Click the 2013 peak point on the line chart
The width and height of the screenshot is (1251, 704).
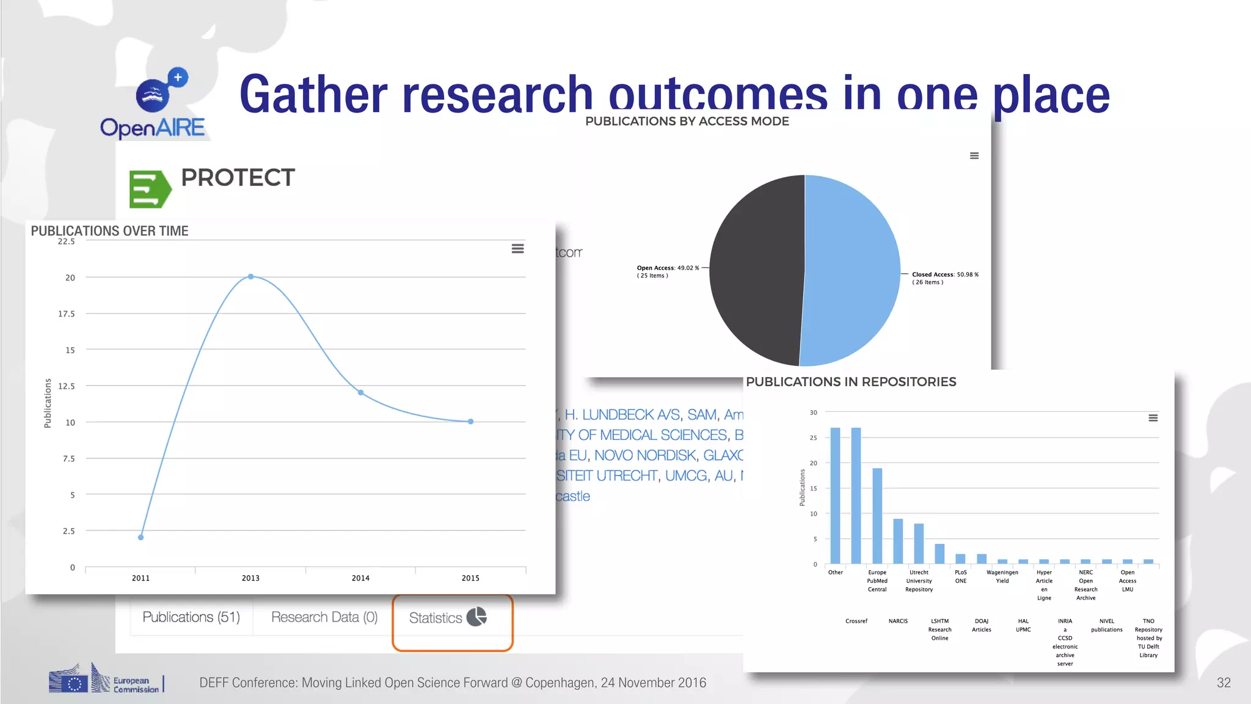click(250, 277)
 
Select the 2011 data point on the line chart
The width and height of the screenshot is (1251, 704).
click(141, 537)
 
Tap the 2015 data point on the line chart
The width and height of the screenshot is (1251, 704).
click(470, 422)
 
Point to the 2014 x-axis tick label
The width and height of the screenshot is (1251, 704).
click(360, 578)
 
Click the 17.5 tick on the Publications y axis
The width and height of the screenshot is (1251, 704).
click(67, 313)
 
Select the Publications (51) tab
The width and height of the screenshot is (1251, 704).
click(191, 617)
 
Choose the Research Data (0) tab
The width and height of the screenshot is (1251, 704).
click(324, 617)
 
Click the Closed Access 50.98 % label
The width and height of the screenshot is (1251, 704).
click(945, 275)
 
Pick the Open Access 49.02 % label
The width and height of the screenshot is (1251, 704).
click(668, 268)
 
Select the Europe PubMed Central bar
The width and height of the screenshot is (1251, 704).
click(877, 516)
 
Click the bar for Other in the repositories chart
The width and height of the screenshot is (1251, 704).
click(836, 495)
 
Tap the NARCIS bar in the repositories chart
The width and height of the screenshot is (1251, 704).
click(898, 541)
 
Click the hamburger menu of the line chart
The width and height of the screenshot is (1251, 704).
click(517, 249)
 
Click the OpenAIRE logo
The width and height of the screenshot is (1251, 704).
click(153, 104)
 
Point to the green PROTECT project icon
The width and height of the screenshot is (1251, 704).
click(150, 189)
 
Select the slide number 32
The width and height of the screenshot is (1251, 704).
click(1224, 683)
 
